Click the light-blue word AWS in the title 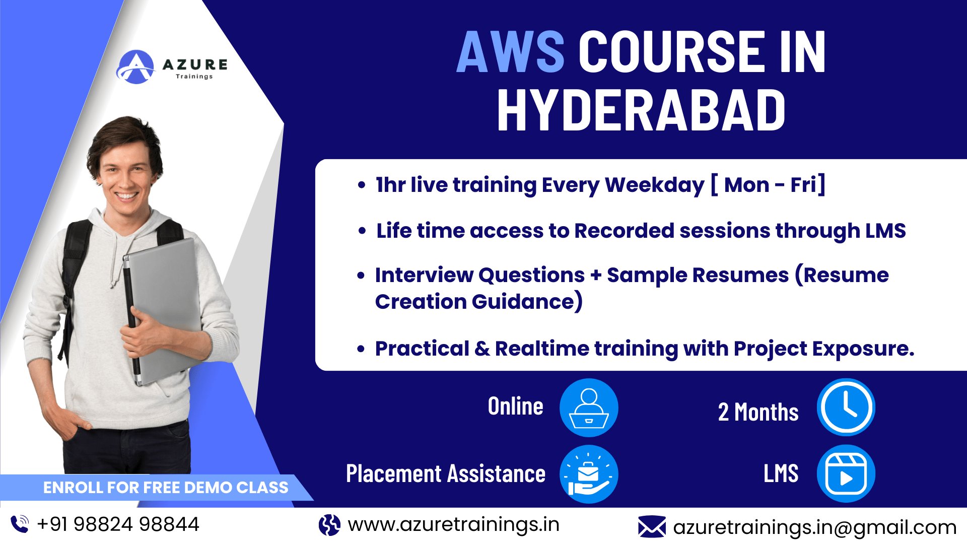(510, 51)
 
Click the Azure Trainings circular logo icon (135, 67)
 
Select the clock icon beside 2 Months (846, 407)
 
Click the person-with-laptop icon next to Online (589, 407)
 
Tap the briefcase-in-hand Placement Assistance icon (589, 474)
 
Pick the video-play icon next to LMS (846, 474)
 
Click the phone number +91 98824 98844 (118, 524)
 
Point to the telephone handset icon (20, 524)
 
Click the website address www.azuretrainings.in (453, 525)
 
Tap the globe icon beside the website (329, 525)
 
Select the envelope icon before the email (652, 527)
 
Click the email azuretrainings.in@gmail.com (814, 527)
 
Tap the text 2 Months (758, 412)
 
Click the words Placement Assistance (446, 474)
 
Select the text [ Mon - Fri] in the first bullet (768, 185)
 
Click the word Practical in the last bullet (422, 349)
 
